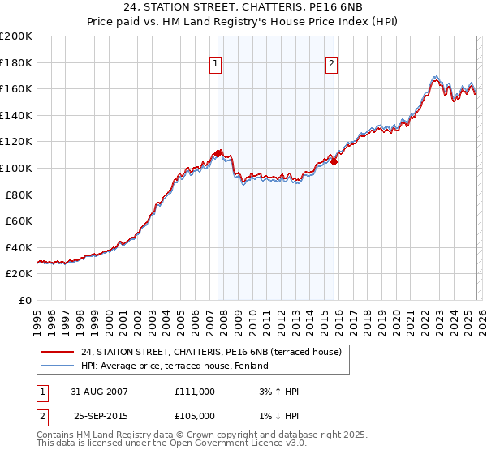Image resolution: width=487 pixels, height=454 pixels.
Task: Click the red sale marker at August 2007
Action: click(x=218, y=153)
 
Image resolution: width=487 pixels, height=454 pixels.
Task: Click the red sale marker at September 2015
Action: click(x=334, y=161)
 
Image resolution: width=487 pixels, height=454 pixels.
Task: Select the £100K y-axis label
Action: click(x=16, y=168)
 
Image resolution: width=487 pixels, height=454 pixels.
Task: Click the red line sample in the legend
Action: click(x=57, y=352)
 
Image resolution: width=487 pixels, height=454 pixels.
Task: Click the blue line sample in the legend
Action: click(x=57, y=366)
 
